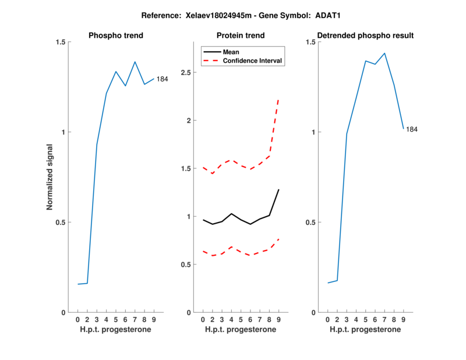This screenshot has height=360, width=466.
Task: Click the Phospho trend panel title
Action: [115, 36]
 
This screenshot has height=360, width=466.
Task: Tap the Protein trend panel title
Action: [240, 36]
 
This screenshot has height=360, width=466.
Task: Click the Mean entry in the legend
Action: [231, 51]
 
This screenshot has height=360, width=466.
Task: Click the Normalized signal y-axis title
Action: [50, 177]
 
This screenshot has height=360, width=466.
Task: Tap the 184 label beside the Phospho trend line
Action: [162, 79]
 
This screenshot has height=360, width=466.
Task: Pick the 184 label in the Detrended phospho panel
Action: [412, 129]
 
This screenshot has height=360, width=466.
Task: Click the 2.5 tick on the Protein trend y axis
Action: [188, 73]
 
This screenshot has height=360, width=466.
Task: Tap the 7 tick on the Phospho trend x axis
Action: [135, 319]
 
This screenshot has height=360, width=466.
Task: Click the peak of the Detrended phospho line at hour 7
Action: [384, 53]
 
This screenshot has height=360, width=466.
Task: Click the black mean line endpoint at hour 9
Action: [279, 189]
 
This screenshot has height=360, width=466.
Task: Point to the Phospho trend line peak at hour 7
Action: [135, 62]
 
